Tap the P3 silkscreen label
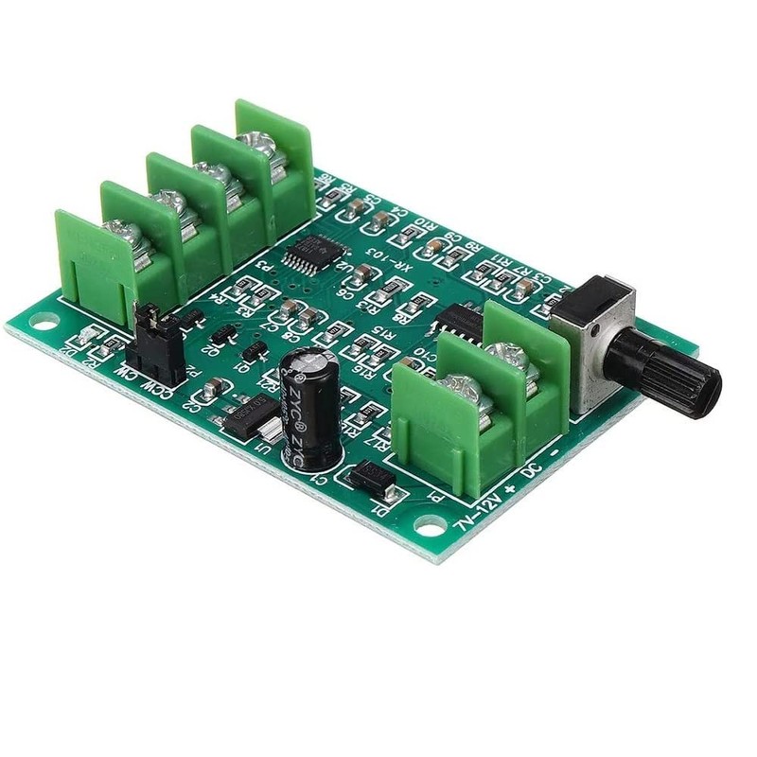(x=273, y=269)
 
